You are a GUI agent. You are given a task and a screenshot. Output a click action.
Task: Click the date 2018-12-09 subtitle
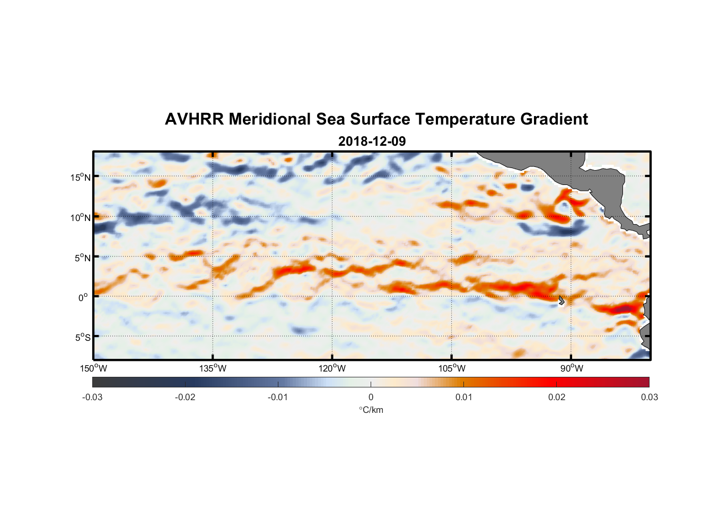pyautogui.click(x=372, y=142)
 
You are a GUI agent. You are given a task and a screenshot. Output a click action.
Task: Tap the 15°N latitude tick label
pyautogui.click(x=81, y=177)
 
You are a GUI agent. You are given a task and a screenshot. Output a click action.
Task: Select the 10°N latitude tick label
pyautogui.click(x=81, y=217)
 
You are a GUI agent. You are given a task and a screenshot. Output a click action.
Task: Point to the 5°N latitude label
pyautogui.click(x=82, y=258)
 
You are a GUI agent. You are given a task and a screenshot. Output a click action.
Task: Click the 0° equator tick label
pyautogui.click(x=83, y=297)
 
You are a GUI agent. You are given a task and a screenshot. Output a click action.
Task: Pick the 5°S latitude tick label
pyautogui.click(x=82, y=337)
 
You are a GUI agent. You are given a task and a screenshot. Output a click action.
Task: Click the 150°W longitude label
pyautogui.click(x=93, y=368)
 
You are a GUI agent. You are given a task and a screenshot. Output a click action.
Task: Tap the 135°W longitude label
pyautogui.click(x=213, y=368)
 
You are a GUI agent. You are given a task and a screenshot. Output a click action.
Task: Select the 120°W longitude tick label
pyautogui.click(x=332, y=368)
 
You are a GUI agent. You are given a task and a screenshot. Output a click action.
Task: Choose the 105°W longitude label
pyautogui.click(x=452, y=368)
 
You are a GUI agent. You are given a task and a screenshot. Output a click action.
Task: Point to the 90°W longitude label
pyautogui.click(x=572, y=368)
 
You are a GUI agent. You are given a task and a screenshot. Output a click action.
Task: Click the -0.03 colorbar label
pyautogui.click(x=92, y=397)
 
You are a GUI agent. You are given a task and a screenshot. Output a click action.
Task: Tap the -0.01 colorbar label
pyautogui.click(x=277, y=397)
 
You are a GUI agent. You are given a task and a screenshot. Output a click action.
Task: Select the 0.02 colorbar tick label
pyautogui.click(x=557, y=397)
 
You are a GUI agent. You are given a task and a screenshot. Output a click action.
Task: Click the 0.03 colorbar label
pyautogui.click(x=649, y=397)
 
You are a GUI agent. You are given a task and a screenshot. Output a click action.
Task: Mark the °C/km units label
pyautogui.click(x=371, y=410)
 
